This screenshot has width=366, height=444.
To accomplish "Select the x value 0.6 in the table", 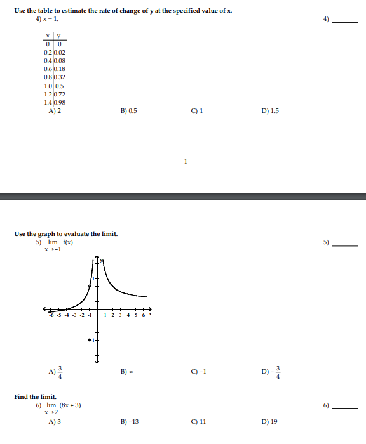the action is [48, 69].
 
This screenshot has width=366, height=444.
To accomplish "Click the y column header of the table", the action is [58, 36].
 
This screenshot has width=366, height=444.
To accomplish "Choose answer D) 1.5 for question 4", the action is [270, 110].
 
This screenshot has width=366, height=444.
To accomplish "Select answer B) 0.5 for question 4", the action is [128, 110].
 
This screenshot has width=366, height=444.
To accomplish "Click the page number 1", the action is [185, 161].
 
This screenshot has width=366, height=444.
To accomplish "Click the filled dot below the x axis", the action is [90, 341].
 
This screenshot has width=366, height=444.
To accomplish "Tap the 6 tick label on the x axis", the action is [144, 315].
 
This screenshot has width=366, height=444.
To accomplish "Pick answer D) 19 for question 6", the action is [269, 422].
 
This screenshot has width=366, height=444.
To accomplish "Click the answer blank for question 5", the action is [346, 245].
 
